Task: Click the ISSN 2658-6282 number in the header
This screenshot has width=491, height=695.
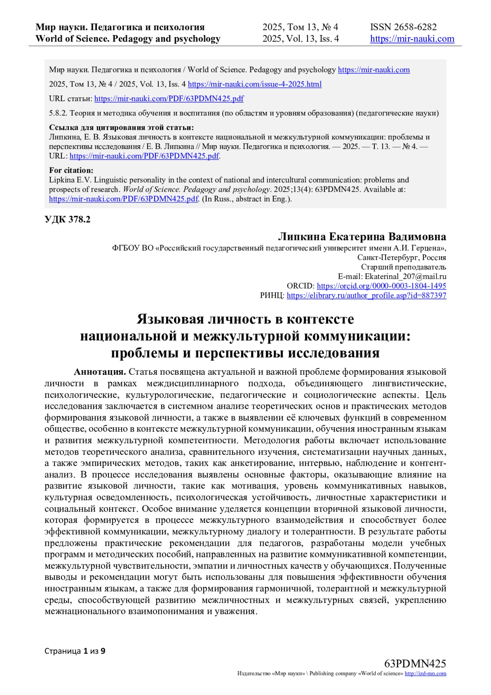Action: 403,27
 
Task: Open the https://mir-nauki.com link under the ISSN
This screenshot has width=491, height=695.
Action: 412,39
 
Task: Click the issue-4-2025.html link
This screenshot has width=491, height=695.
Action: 255,84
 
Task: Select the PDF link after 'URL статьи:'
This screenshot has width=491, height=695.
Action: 169,99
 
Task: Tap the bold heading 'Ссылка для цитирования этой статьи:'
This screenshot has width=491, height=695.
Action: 121,127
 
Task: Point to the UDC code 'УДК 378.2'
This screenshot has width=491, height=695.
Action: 68,220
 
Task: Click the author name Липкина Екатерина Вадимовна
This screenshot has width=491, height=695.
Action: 362,237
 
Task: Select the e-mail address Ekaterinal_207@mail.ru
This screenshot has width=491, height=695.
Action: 405,276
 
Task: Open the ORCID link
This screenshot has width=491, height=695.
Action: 381,286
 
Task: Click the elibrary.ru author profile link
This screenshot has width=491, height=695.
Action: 366,295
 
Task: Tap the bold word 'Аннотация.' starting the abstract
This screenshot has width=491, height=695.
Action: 100,372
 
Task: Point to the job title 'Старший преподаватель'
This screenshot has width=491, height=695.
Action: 403,267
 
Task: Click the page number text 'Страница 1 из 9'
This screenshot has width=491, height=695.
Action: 75,651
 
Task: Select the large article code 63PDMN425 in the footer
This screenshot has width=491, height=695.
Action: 415,663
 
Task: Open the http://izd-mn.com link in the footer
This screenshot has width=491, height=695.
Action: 425,674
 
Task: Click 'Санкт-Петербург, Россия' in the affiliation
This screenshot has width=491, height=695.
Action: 401,258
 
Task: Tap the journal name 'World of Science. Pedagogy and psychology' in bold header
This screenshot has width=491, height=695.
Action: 128,39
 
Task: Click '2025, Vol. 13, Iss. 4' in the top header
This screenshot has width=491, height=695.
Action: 300,39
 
